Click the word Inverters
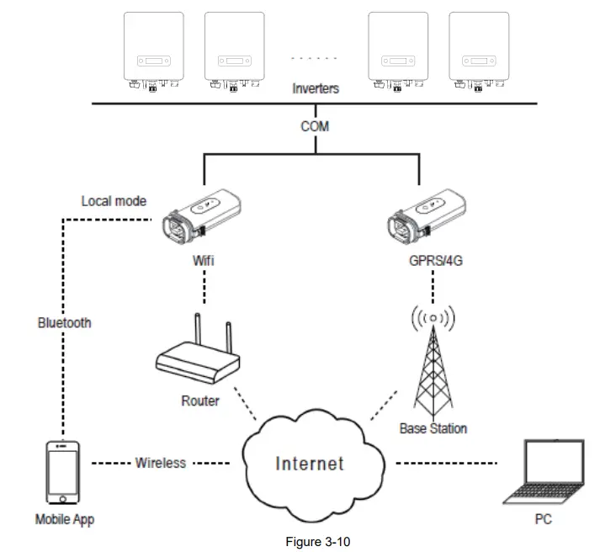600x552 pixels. pyautogui.click(x=316, y=88)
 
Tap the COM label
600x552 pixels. pyautogui.click(x=316, y=126)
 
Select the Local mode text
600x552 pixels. pyautogui.click(x=114, y=201)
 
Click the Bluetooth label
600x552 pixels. pyautogui.click(x=64, y=322)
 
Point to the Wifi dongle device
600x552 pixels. pyautogui.click(x=204, y=215)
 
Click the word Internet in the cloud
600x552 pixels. pyautogui.click(x=310, y=463)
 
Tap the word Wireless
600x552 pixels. pyautogui.click(x=160, y=463)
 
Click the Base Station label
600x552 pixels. pyautogui.click(x=433, y=428)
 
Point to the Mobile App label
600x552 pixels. pyautogui.click(x=65, y=519)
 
